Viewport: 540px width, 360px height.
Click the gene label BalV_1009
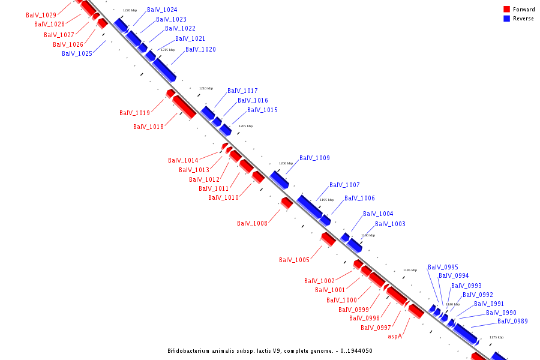click(314, 158)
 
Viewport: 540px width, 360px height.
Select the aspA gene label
click(395, 337)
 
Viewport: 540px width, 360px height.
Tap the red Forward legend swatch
click(506, 10)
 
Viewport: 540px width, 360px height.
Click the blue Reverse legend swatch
click(506, 19)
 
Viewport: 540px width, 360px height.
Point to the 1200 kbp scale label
click(286, 163)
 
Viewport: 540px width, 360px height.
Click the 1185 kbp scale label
click(410, 270)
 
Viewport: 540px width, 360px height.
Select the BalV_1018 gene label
click(148, 127)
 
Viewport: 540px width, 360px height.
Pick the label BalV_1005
click(294, 260)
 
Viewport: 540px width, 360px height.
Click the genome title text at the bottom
click(270, 350)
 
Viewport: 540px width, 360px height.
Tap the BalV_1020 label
click(200, 50)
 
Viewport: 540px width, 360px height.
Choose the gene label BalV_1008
click(252, 224)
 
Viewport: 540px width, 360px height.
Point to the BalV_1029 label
click(41, 15)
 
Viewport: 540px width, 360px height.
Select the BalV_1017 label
click(242, 91)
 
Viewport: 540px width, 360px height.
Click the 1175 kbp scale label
click(496, 337)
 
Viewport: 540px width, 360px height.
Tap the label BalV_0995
click(443, 268)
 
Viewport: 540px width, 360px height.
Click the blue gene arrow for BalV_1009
click(279, 179)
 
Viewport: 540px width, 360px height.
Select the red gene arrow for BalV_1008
click(287, 203)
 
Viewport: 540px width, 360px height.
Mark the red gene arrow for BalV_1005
click(328, 239)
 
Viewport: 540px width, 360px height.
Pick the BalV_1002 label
click(319, 281)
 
